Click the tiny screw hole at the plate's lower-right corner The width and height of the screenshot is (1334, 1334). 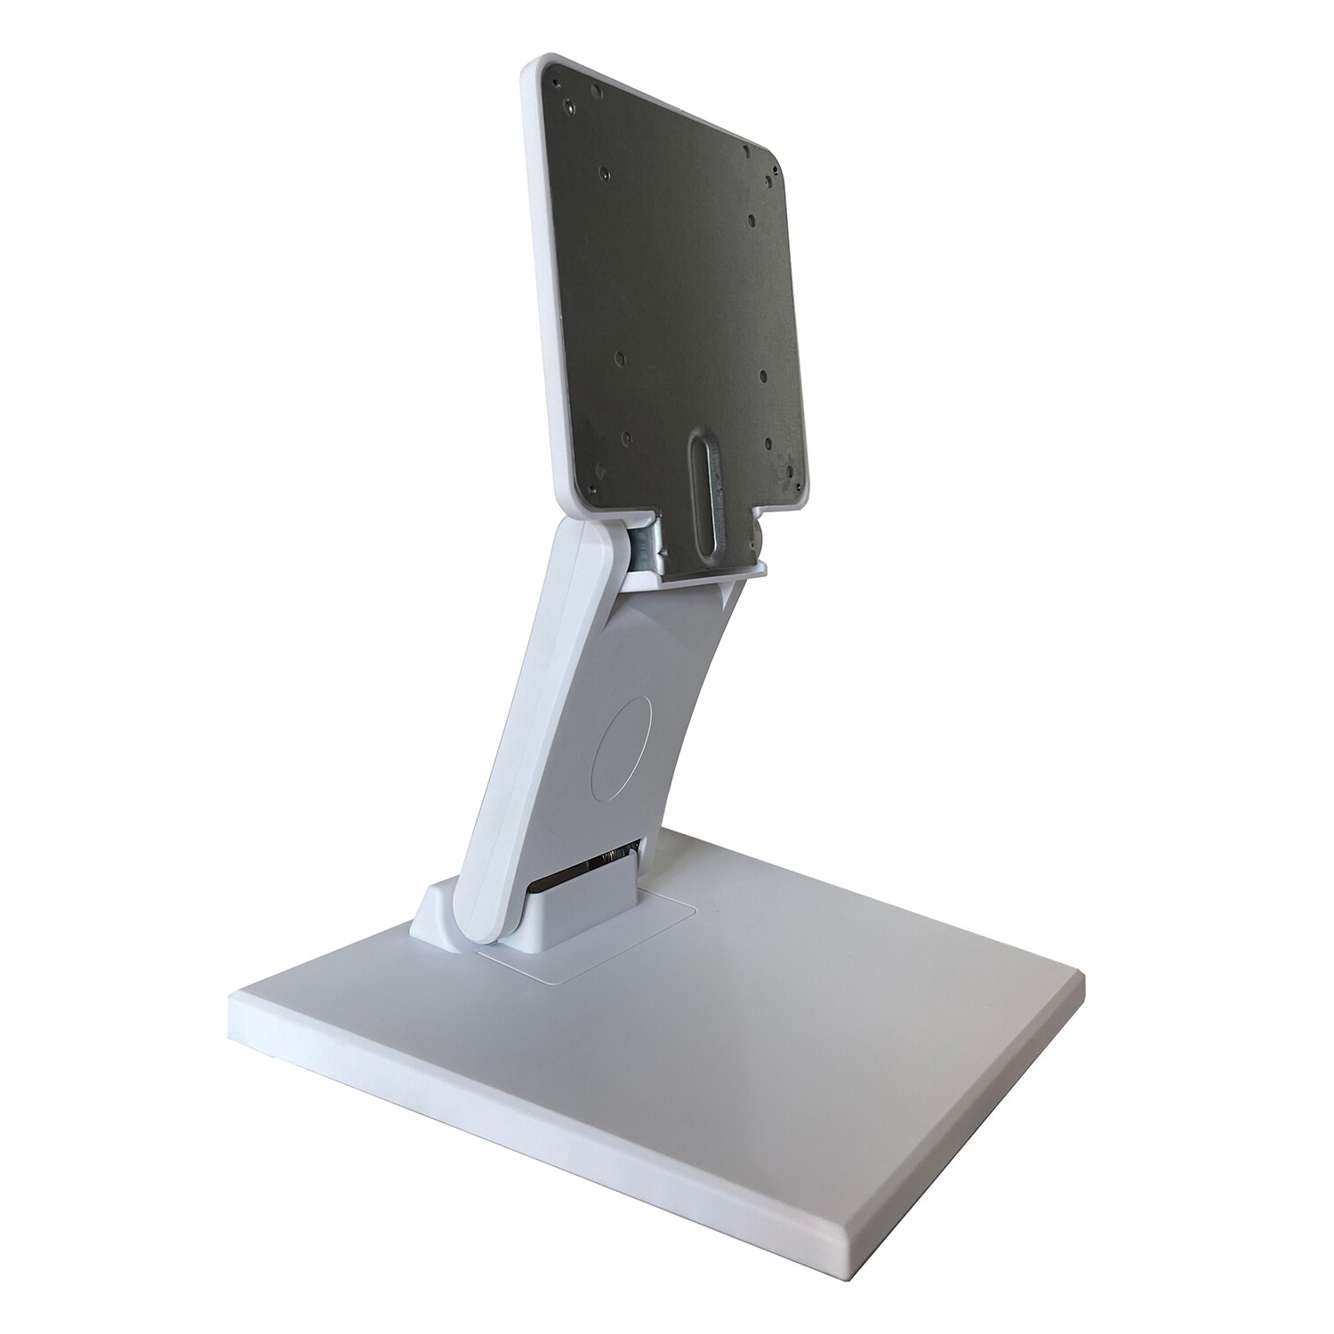point(786,472)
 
